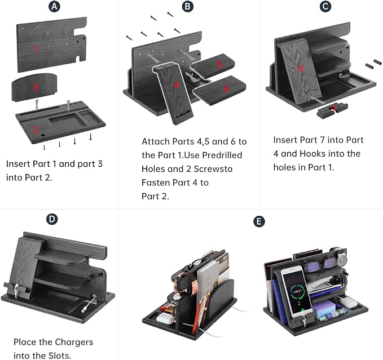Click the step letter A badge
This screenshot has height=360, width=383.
(x=54, y=7)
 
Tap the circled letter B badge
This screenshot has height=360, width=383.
(x=188, y=7)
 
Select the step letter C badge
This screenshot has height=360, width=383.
(x=325, y=7)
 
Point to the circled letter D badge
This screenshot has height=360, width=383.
(x=52, y=219)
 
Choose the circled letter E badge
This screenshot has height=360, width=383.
(x=259, y=221)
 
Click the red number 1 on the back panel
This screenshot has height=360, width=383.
(x=37, y=49)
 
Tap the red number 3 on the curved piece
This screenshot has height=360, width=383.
(x=36, y=87)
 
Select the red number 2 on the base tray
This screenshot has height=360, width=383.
(x=36, y=129)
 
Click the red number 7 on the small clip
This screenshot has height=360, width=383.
(x=333, y=109)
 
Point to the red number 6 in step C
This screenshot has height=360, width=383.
(x=301, y=68)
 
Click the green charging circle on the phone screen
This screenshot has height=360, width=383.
(x=297, y=291)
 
